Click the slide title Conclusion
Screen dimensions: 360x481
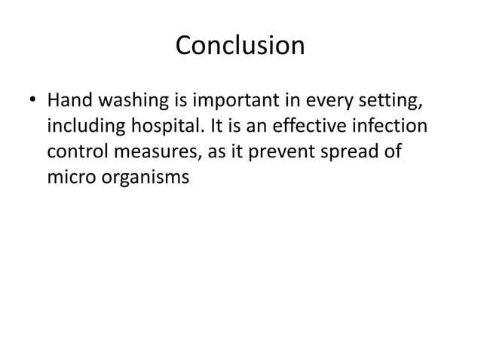[x=240, y=47]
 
